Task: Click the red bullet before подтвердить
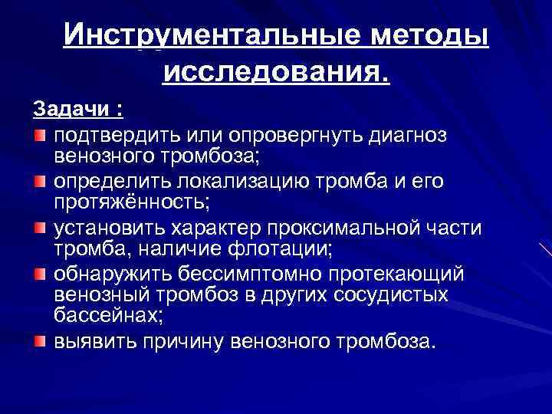pyautogui.click(x=39, y=136)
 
